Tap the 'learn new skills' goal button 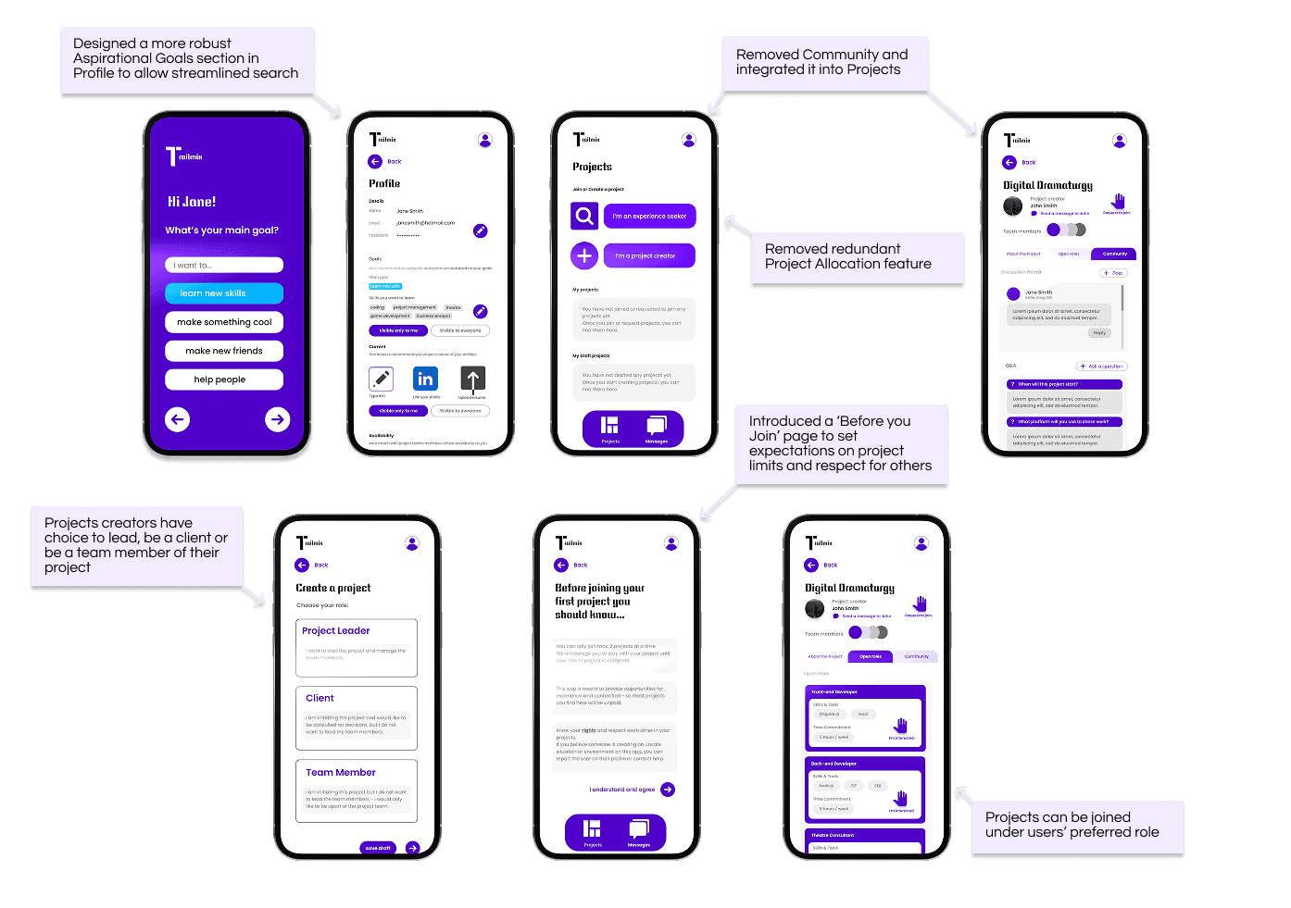pyautogui.click(x=224, y=293)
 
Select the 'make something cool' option pyautogui.click(x=224, y=322)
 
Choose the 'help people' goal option pyautogui.click(x=224, y=379)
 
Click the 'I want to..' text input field pyautogui.click(x=224, y=266)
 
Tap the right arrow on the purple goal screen pyautogui.click(x=277, y=419)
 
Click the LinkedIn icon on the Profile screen pyautogui.click(x=425, y=379)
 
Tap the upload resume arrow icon pyautogui.click(x=472, y=379)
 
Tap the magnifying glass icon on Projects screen pyautogui.click(x=584, y=217)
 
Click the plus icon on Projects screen pyautogui.click(x=584, y=255)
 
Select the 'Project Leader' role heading pyautogui.click(x=336, y=631)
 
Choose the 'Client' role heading pyautogui.click(x=320, y=699)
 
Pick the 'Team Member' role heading pyautogui.click(x=341, y=773)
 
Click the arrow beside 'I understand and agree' pyautogui.click(x=668, y=790)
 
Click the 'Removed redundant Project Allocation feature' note pyautogui.click(x=848, y=256)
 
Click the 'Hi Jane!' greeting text pyautogui.click(x=192, y=202)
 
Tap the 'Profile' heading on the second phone pyautogui.click(x=384, y=183)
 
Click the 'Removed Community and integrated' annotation pyautogui.click(x=821, y=62)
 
